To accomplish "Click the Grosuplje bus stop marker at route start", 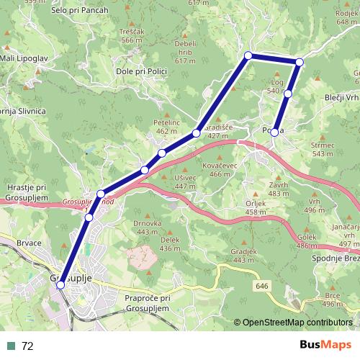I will pyautogui.click(x=60, y=284).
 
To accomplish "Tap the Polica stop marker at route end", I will pyautogui.click(x=275, y=132).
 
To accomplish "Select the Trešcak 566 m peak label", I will pyautogui.click(x=132, y=37).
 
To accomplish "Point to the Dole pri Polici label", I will pyautogui.click(x=140, y=73).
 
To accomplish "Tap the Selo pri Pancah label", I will pyautogui.click(x=80, y=11).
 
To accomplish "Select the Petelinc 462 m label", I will pyautogui.click(x=166, y=127).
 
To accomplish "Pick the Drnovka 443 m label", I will pyautogui.click(x=147, y=228).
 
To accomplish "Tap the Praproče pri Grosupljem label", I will pyautogui.click(x=146, y=302).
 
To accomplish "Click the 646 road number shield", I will pyautogui.click(x=264, y=286).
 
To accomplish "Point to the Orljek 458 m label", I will pyautogui.click(x=235, y=207).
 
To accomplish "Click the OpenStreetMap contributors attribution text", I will pyautogui.click(x=294, y=323).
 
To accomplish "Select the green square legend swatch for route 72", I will pyautogui.click(x=12, y=346).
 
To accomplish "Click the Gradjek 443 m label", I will pyautogui.click(x=243, y=255).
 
